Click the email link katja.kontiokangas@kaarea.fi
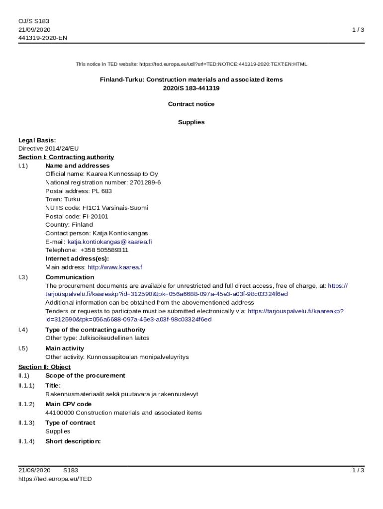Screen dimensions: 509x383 tap(109, 242)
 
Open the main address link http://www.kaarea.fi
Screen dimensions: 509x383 tap(115, 267)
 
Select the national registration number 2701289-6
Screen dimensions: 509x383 tap(145, 182)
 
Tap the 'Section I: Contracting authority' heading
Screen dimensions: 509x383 tap(66, 157)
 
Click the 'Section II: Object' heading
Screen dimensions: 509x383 tap(44, 367)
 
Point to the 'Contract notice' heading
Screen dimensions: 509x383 tap(191, 104)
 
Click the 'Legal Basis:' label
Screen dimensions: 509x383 tap(37, 140)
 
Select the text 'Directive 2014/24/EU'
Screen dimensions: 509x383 tap(49, 149)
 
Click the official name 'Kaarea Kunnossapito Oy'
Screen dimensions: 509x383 tap(122, 174)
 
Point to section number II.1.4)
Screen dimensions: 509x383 tap(26, 441)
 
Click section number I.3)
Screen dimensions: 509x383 tap(23, 277)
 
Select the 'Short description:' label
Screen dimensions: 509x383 tap(73, 441)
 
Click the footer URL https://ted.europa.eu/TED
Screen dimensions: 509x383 tap(55, 479)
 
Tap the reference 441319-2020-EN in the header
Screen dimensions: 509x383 tap(43, 38)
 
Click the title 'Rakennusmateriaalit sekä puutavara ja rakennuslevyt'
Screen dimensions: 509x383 tap(122, 394)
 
